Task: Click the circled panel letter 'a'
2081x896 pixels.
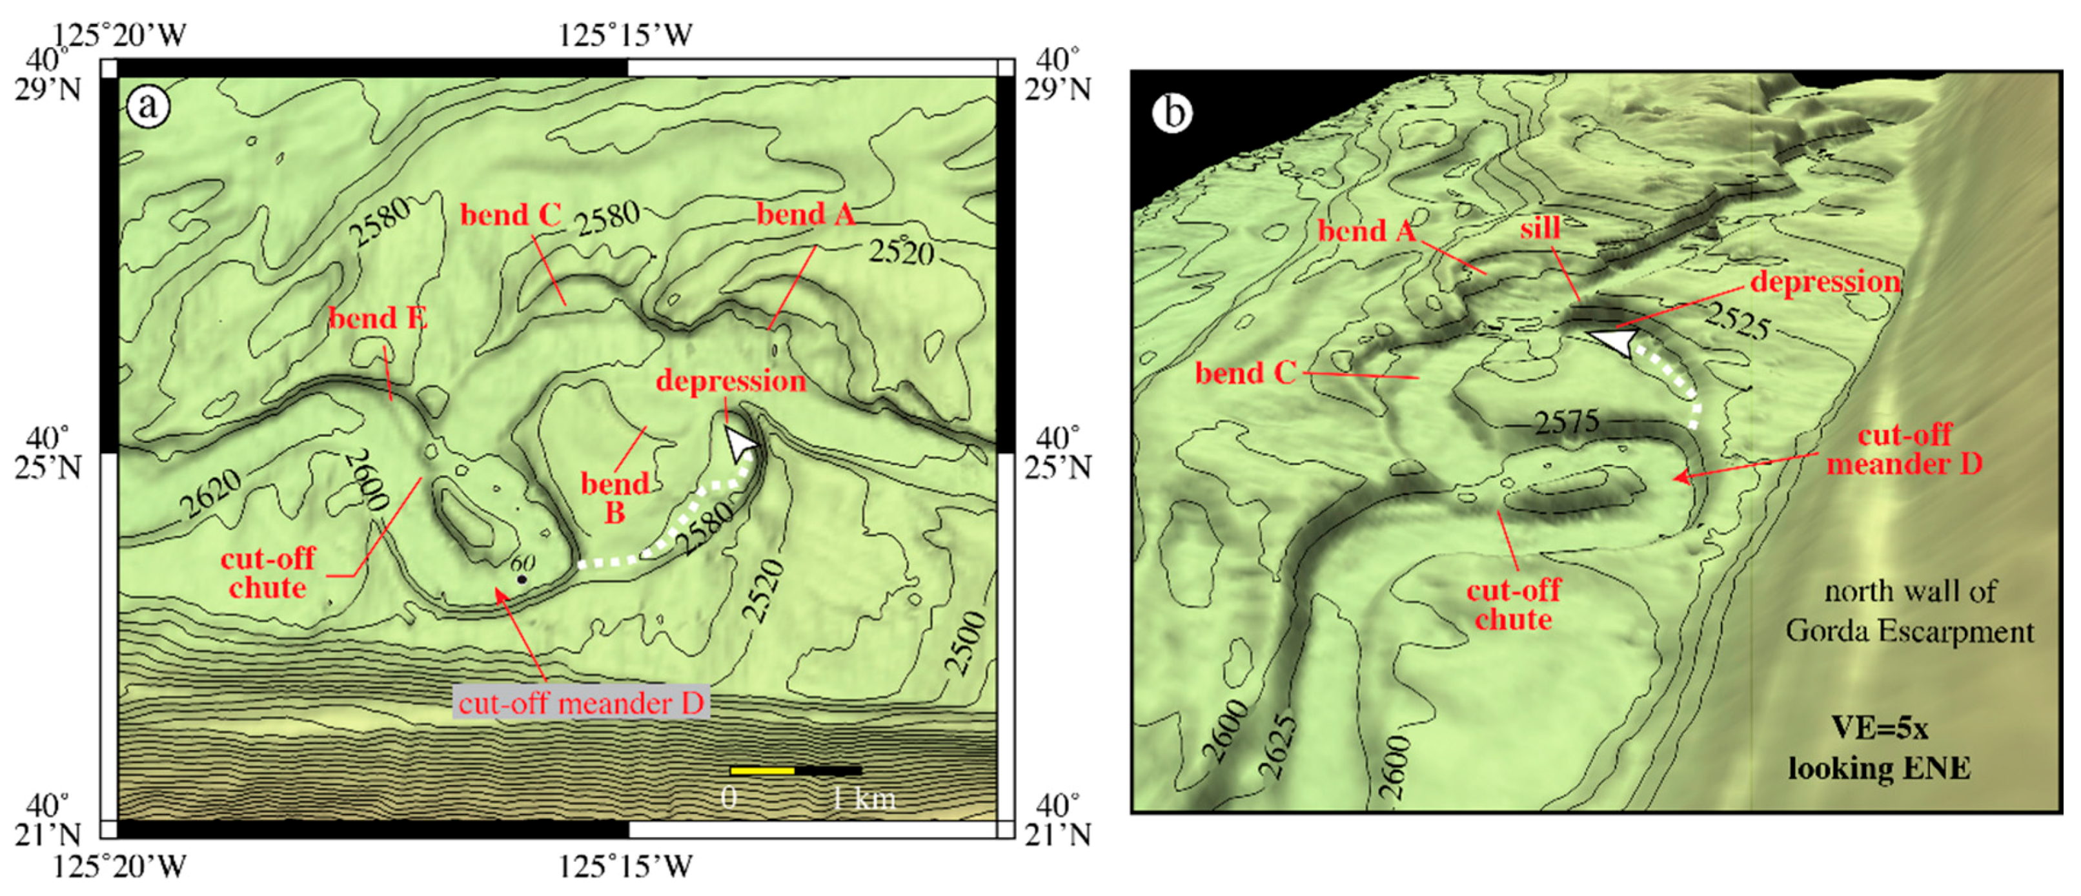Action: [148, 106]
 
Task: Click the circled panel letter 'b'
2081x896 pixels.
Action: [1173, 112]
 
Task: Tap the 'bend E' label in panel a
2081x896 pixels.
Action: [377, 318]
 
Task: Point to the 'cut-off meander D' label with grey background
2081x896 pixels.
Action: [581, 703]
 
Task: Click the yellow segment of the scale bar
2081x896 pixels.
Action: [762, 771]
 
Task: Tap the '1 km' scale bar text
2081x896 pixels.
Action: [864, 799]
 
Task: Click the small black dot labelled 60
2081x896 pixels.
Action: [522, 579]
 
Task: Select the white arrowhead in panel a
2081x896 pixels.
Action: [739, 443]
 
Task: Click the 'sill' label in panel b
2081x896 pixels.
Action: [1539, 229]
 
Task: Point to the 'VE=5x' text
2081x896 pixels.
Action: [1879, 728]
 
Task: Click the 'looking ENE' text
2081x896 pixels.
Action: [1879, 768]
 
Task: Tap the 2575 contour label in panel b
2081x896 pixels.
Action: [1567, 421]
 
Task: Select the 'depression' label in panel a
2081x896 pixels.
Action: [730, 382]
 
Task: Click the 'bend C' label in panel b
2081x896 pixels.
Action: [1245, 373]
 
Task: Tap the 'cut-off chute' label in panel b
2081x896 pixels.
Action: [1513, 604]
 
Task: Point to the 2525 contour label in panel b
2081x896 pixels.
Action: [1738, 321]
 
